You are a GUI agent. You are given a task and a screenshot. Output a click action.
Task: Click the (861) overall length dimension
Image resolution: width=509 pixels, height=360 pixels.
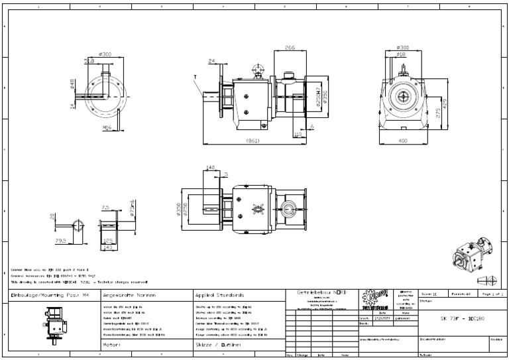tap(253, 141)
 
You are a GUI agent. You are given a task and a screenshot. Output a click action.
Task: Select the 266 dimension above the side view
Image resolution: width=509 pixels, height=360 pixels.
tap(290, 48)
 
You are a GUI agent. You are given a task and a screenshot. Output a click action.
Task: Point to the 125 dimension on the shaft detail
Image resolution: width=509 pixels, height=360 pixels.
tap(107, 242)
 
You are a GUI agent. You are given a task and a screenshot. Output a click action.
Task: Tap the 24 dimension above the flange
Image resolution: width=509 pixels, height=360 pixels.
tap(212, 62)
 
